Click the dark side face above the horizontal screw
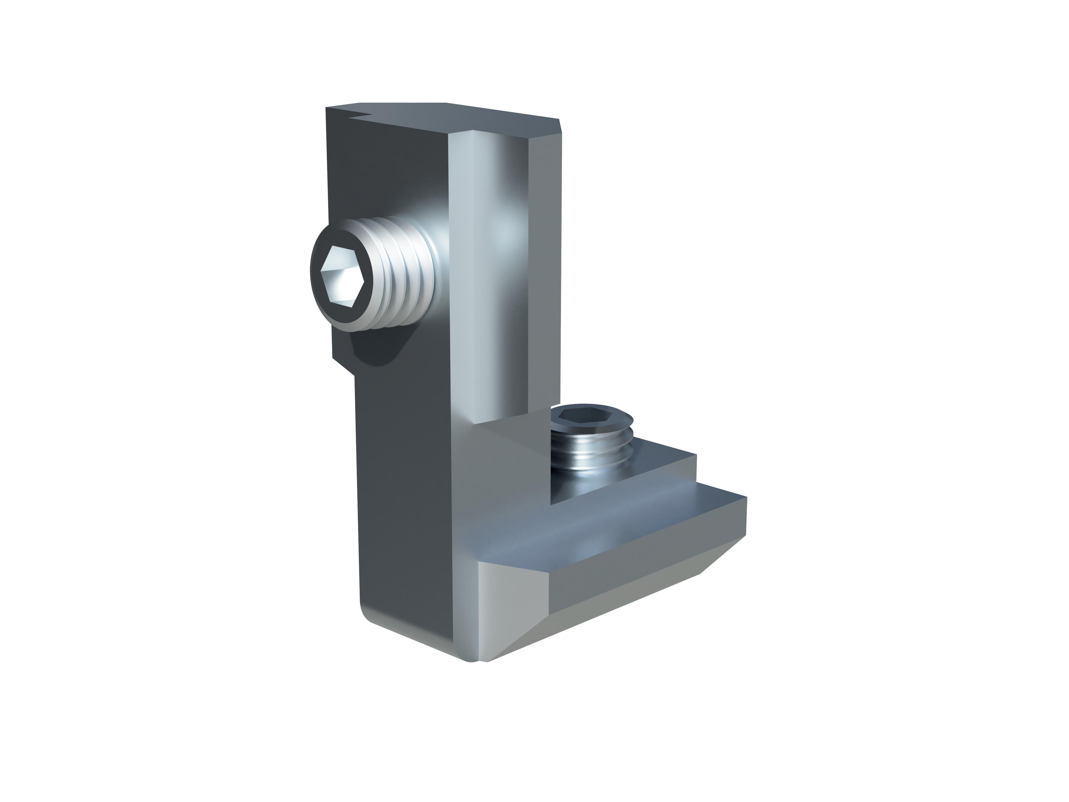(x=387, y=174)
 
